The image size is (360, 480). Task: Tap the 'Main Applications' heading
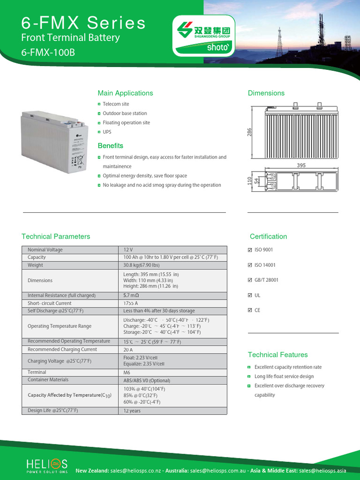(125, 93)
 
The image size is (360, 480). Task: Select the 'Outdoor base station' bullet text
(125, 113)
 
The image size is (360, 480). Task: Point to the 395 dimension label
(301, 165)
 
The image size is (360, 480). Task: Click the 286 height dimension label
(250, 133)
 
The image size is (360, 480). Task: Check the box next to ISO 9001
(249, 250)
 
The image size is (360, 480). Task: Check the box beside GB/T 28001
(249, 280)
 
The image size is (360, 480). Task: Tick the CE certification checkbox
(249, 310)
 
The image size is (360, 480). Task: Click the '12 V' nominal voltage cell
(128, 250)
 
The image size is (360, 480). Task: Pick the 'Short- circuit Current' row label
(50, 303)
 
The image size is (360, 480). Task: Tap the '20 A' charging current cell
(128, 350)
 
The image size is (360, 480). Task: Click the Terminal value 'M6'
(127, 373)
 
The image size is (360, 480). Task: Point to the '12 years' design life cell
(132, 411)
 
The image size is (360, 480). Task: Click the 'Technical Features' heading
(277, 355)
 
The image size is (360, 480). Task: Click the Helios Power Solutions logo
(47, 465)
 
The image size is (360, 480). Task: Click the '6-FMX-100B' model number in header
(48, 52)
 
